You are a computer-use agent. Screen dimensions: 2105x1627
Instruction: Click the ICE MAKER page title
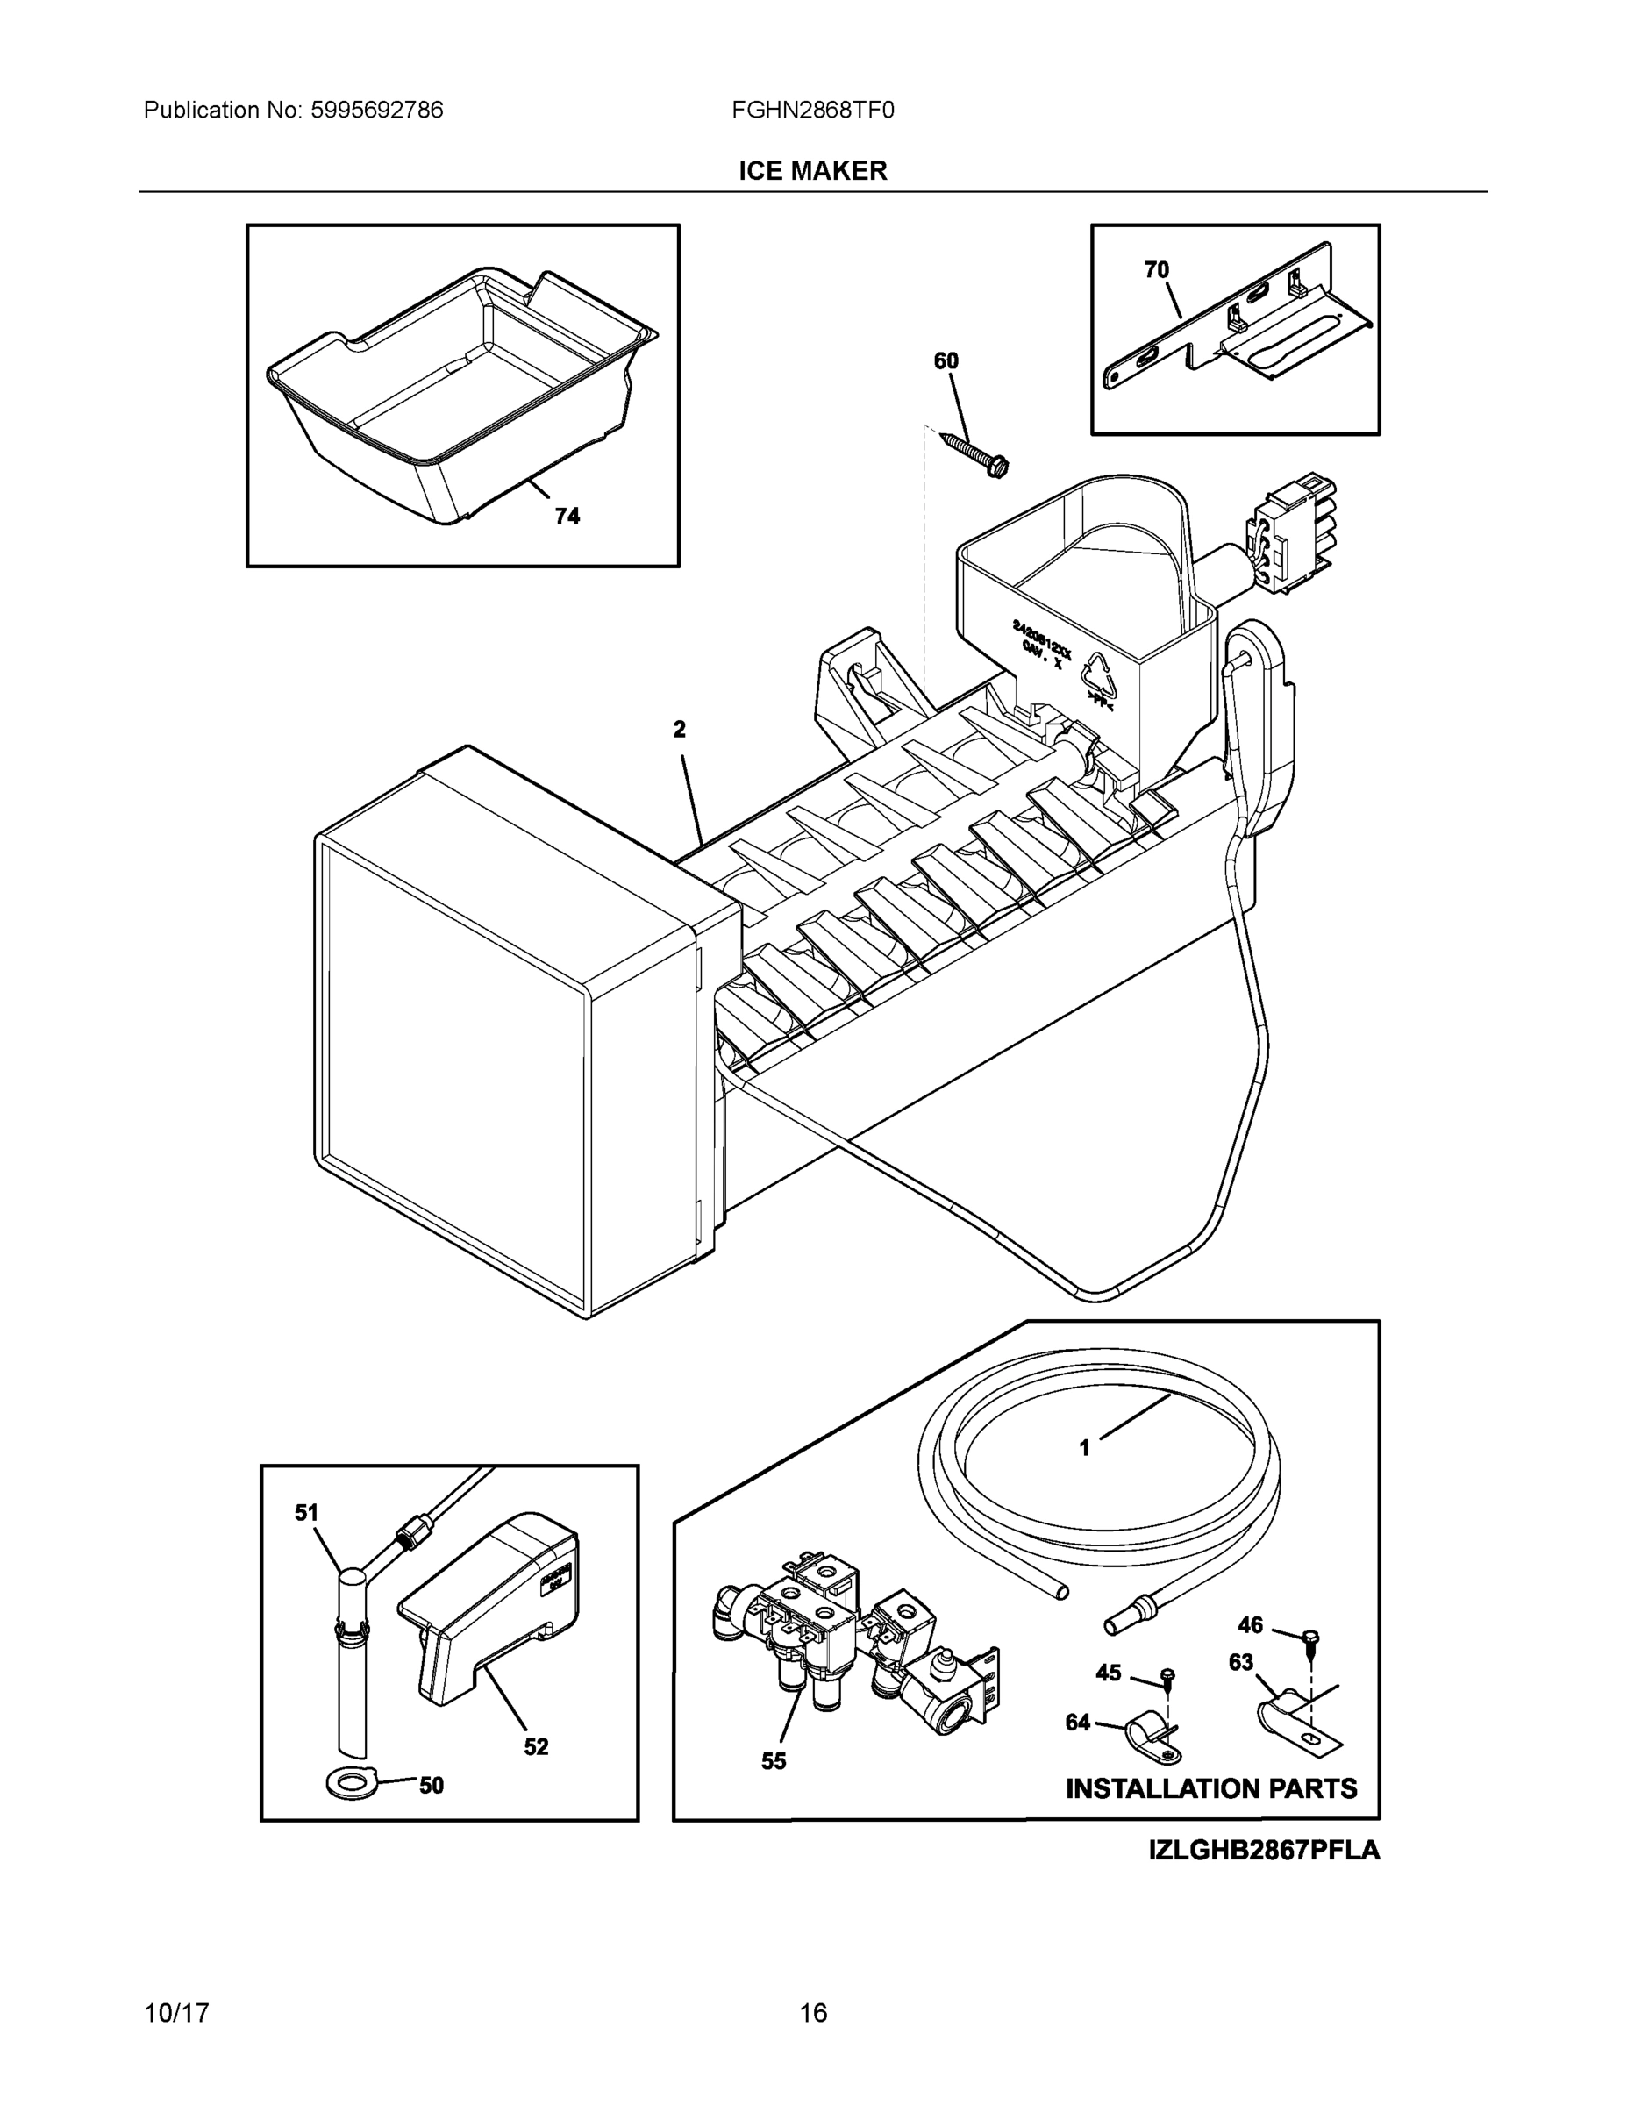812,171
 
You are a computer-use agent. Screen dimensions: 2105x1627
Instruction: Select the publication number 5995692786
376,110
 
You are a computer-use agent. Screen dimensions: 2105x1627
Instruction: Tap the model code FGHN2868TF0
812,110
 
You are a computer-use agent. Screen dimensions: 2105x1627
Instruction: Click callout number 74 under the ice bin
567,517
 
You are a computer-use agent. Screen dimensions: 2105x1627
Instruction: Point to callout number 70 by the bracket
1157,270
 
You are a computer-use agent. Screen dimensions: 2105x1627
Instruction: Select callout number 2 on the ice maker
680,730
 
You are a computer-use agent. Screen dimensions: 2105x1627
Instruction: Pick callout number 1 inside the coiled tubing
1084,1474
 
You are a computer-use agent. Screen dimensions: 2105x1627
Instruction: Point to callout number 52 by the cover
536,1746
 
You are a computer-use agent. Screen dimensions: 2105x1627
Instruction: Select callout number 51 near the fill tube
306,1513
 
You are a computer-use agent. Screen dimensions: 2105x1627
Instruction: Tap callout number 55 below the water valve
773,1761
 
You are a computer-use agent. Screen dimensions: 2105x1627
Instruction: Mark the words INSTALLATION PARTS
1210,1789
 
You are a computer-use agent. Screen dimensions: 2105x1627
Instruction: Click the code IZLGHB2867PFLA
1264,1851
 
